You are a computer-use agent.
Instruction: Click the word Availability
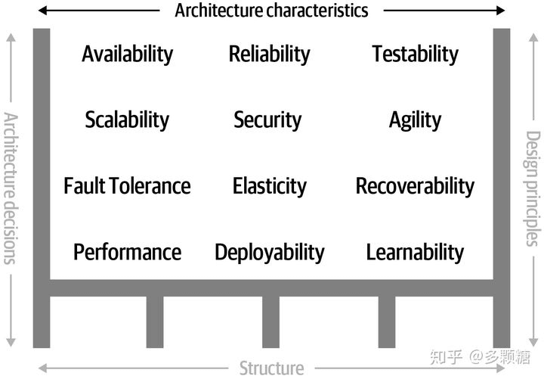coord(127,54)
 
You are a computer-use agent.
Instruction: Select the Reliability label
coord(269,54)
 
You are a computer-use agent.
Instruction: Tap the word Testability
coord(415,54)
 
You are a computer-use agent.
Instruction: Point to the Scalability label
coord(127,120)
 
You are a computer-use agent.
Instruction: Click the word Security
coord(267,120)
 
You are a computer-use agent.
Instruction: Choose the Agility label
coord(415,120)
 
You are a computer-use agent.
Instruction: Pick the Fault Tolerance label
coord(127,186)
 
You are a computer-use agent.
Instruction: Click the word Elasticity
coord(269,186)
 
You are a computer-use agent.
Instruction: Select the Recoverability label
coord(415,186)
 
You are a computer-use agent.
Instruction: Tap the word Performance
coord(127,252)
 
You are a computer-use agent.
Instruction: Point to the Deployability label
coord(269,252)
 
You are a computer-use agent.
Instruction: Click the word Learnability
coord(415,252)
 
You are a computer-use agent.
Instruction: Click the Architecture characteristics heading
coord(271,11)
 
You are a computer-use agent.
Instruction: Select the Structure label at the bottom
coord(271,368)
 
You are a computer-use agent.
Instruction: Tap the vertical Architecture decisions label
coord(10,188)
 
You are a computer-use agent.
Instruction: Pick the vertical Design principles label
coord(533,188)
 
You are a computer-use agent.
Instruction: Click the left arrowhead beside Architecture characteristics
coord(42,11)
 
